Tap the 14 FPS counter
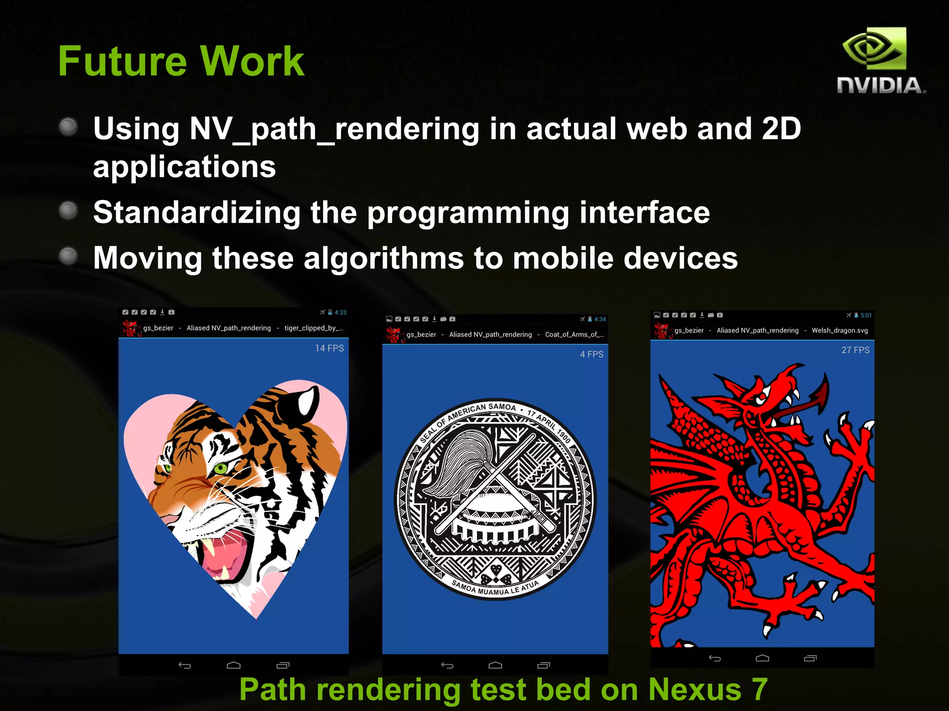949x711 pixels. pyautogui.click(x=329, y=348)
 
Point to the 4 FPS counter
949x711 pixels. pyautogui.click(x=591, y=354)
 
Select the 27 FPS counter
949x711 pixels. pyautogui.click(x=855, y=350)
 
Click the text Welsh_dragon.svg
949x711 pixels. pyautogui.click(x=839, y=331)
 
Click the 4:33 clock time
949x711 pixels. pyautogui.click(x=340, y=312)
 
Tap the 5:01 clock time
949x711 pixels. pyautogui.click(x=866, y=315)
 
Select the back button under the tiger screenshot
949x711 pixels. pyautogui.click(x=184, y=666)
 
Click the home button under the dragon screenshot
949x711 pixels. pyautogui.click(x=762, y=658)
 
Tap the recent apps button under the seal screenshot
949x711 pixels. pyautogui.click(x=543, y=665)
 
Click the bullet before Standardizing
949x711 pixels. pyautogui.click(x=69, y=211)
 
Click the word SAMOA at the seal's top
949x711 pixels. pyautogui.click(x=501, y=407)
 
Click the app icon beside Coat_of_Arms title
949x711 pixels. pyautogui.click(x=394, y=334)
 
